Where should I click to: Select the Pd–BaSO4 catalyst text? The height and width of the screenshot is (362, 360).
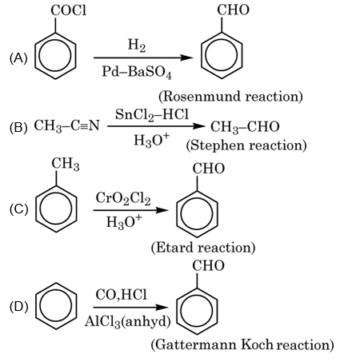pos(138,72)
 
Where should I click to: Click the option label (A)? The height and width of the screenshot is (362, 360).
pos(18,58)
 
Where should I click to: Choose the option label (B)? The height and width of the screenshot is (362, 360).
pos(18,128)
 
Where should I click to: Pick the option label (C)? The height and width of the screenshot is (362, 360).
pos(18,210)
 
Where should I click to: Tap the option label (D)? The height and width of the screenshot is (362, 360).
pos(18,306)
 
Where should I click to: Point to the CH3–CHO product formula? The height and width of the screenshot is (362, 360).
pos(243,127)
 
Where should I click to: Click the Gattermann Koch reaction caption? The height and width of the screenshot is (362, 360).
pos(240,345)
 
